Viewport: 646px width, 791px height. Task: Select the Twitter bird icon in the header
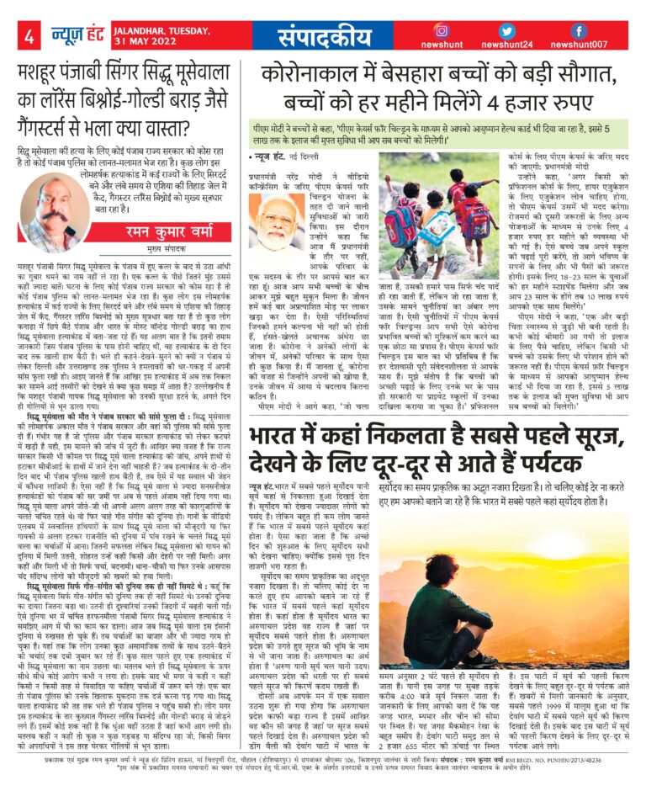tap(506, 30)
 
